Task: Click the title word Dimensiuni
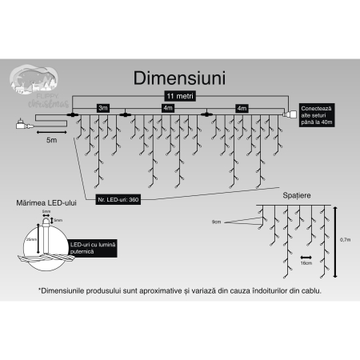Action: pos(180,79)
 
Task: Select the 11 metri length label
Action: pos(180,96)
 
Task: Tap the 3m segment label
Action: pos(102,106)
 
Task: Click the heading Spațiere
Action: pos(297,195)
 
